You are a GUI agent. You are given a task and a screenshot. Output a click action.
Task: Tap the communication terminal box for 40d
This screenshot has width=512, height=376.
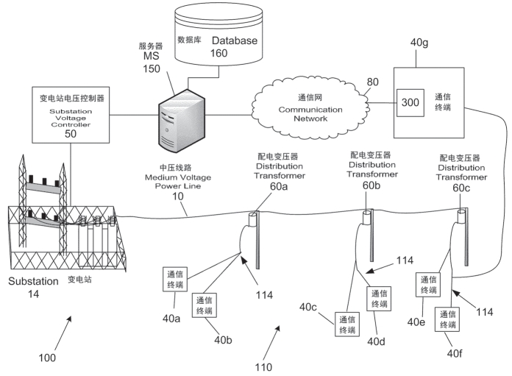380,298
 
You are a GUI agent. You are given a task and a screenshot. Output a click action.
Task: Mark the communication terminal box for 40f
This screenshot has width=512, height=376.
449,318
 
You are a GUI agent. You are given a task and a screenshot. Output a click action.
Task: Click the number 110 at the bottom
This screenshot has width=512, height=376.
263,366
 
